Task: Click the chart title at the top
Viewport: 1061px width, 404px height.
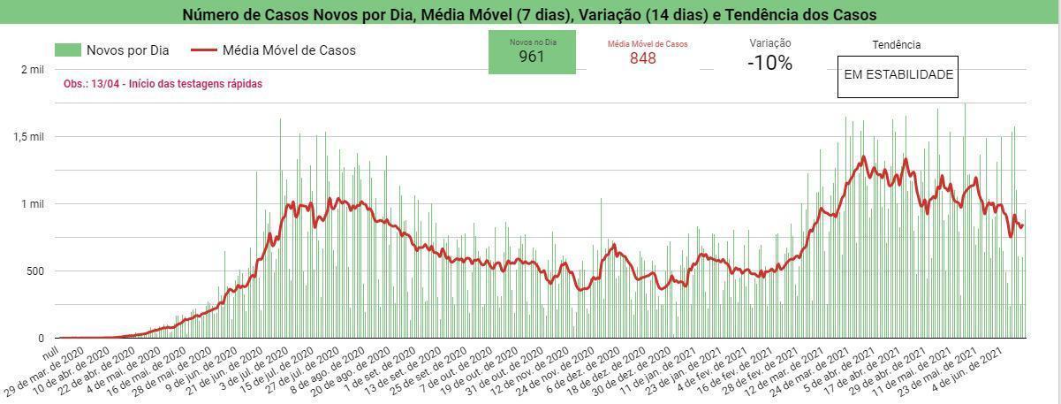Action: [529, 14]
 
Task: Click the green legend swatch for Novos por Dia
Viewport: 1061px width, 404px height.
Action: [68, 50]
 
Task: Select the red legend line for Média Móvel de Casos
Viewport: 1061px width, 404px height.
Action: [204, 50]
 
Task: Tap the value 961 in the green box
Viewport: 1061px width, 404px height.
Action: [532, 57]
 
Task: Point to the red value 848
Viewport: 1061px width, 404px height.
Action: [643, 58]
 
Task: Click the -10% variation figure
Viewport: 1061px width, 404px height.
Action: [769, 63]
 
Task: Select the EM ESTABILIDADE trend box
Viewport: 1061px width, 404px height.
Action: [898, 77]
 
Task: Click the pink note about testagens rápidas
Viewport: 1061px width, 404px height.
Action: [163, 84]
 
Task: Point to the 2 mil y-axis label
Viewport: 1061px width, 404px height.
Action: [32, 70]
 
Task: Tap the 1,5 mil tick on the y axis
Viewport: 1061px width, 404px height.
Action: [28, 137]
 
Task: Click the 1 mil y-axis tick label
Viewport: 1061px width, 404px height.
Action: [32, 204]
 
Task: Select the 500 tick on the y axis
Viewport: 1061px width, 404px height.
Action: [34, 271]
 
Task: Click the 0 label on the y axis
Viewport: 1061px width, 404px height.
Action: [41, 339]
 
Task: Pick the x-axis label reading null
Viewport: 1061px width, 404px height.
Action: [51, 353]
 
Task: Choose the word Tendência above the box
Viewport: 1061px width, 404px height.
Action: [897, 45]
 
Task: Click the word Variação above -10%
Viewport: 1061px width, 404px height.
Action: [770, 43]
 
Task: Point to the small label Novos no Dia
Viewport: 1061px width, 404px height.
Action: [533, 42]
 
